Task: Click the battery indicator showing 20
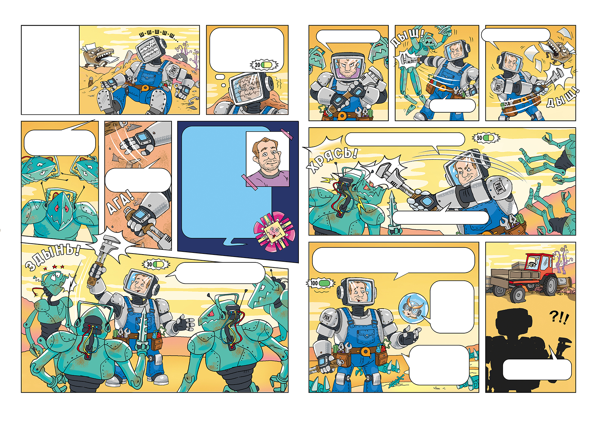[x=264, y=65]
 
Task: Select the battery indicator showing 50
[x=486, y=138]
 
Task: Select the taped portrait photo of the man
[x=268, y=159]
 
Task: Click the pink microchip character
[x=275, y=231]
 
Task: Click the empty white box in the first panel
[x=50, y=70]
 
